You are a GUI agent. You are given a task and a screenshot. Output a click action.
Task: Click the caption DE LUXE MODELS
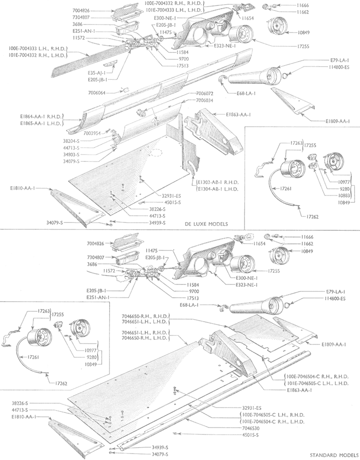pos(207,224)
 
